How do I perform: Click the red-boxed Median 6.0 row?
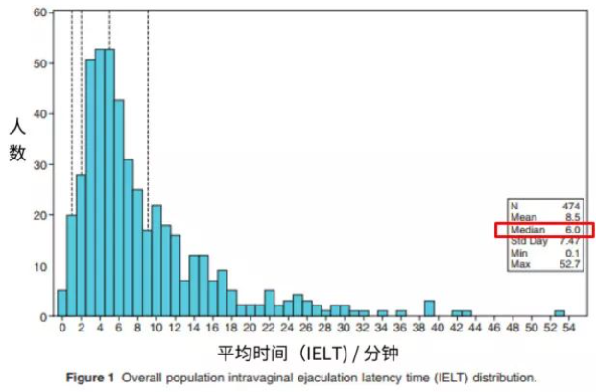(x=544, y=230)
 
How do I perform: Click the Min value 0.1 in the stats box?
(x=572, y=253)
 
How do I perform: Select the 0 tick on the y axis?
(x=41, y=316)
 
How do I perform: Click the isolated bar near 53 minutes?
(x=559, y=313)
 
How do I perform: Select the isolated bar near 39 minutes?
(x=429, y=308)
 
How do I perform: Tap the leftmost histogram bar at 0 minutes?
(x=62, y=304)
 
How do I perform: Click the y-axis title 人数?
(x=17, y=139)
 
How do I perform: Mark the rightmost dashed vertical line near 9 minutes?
(x=148, y=115)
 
